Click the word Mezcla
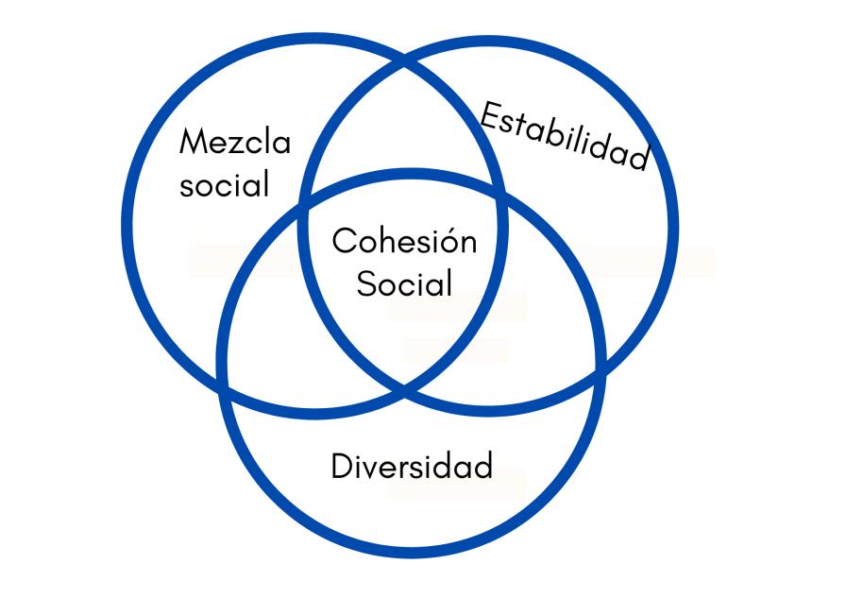pos(235,143)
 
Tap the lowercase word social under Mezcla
pos(225,184)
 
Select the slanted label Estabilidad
pos(565,136)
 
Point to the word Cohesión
pos(404,241)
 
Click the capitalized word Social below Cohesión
pos(404,282)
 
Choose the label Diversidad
pos(412,466)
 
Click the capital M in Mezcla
pos(193,143)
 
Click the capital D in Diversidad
pos(342,466)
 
